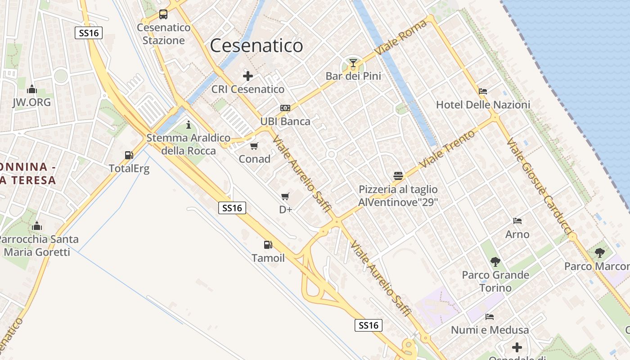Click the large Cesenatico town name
256,46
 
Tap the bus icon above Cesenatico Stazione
163,14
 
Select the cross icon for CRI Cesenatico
247,76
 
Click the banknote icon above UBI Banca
285,108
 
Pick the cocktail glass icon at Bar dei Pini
353,63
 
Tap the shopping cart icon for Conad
254,146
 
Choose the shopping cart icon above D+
285,196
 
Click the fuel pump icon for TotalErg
129,155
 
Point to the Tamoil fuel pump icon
268,245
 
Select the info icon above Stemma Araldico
189,125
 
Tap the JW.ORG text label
31,102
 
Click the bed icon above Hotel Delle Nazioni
483,91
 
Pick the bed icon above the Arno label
517,221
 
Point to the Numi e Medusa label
490,330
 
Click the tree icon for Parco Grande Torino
495,261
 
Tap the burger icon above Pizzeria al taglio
398,175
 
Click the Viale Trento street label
447,149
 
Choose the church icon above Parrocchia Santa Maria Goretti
37,226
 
